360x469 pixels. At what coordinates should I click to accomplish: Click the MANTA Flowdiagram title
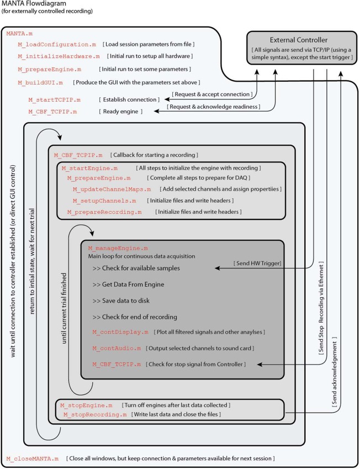click(x=36, y=4)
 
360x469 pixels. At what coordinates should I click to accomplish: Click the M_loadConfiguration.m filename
click(x=49, y=44)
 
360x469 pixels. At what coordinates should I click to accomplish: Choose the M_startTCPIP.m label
click(x=54, y=100)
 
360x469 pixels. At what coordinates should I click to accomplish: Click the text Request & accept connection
click(x=213, y=95)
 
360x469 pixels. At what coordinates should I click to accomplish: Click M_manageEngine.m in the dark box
click(x=118, y=249)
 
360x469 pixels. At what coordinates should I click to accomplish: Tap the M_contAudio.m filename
click(x=117, y=349)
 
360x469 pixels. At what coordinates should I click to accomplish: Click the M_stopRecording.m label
click(x=94, y=414)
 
